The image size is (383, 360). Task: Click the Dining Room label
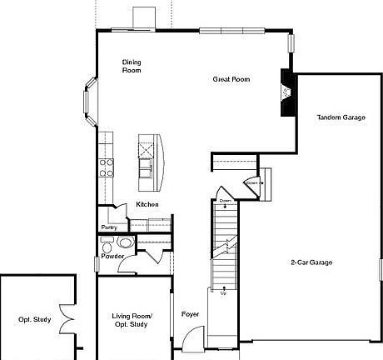132,66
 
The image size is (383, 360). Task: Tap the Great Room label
231,80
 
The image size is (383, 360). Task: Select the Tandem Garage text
341,117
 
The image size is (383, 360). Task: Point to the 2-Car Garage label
311,262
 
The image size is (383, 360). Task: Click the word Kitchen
147,204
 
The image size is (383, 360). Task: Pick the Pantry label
109,227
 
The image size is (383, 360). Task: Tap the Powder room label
112,257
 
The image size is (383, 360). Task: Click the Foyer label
190,314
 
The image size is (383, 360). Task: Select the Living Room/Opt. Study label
132,319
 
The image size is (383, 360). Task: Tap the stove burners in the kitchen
107,167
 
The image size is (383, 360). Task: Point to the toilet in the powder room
125,243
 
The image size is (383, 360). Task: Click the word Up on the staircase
223,292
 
